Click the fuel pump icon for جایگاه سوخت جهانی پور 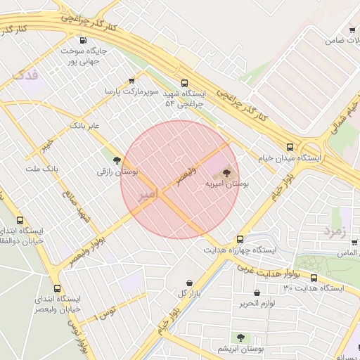(x=84, y=40)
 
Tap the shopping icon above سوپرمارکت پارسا (x=131, y=82)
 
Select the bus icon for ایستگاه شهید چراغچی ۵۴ (x=185, y=82)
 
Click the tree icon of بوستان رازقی (x=127, y=160)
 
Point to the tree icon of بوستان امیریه (x=226, y=172)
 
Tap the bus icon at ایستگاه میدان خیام (x=290, y=147)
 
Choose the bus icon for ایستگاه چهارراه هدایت (x=240, y=239)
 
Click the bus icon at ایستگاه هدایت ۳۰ (x=314, y=278)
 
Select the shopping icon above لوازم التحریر (x=257, y=292)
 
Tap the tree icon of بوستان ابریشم (x=241, y=337)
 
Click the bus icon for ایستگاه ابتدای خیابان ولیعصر (x=58, y=288)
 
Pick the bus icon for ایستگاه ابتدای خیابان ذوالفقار (x=20, y=220)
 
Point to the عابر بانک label (x=85, y=125)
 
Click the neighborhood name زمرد (x=337, y=230)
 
